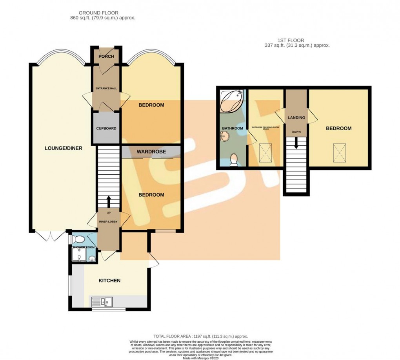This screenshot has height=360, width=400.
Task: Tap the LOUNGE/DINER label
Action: pyautogui.click(x=63, y=148)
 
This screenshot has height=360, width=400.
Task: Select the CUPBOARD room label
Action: pyautogui.click(x=106, y=128)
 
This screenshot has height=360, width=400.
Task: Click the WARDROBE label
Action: pyautogui.click(x=151, y=152)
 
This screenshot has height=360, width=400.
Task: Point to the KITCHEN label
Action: pyautogui.click(x=109, y=280)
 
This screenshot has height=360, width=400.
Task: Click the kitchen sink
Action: pyautogui.click(x=102, y=302)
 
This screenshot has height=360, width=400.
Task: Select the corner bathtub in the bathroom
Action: pyautogui.click(x=231, y=100)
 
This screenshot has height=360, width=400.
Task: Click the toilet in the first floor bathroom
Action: pyautogui.click(x=234, y=160)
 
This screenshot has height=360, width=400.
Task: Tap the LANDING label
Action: pyautogui.click(x=296, y=117)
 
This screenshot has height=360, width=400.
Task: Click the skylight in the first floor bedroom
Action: pyautogui.click(x=340, y=152)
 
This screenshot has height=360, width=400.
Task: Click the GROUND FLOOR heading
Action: pyautogui.click(x=102, y=13)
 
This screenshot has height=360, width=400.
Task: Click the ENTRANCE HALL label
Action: pyautogui.click(x=106, y=88)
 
